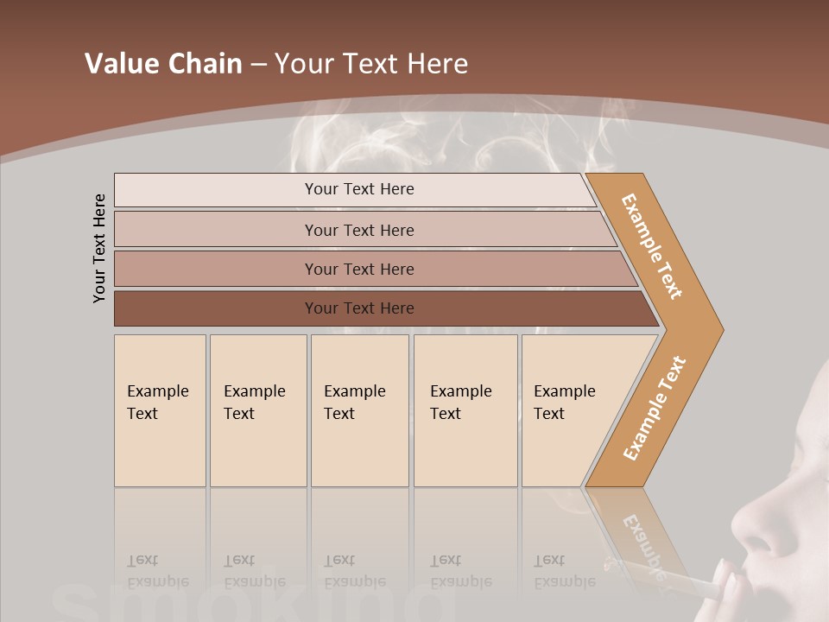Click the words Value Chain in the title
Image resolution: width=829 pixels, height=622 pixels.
(x=163, y=64)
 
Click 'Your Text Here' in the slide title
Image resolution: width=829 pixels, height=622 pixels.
(x=371, y=64)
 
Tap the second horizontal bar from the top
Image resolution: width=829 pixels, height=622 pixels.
(x=359, y=230)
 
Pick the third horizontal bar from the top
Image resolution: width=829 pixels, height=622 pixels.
(x=359, y=269)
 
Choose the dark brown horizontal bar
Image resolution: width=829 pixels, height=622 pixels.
(x=359, y=308)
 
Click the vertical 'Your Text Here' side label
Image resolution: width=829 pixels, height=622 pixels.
(x=99, y=248)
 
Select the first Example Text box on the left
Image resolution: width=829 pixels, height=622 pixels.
(x=160, y=410)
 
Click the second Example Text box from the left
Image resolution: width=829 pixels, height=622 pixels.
(x=258, y=410)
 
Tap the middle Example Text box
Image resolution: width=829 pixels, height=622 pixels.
(x=359, y=410)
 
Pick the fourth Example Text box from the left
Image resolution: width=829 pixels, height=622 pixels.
(x=465, y=410)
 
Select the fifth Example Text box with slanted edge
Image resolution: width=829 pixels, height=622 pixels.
(x=566, y=410)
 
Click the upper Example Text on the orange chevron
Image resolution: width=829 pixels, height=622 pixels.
(x=652, y=246)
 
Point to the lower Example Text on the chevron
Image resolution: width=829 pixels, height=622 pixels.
(x=655, y=408)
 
